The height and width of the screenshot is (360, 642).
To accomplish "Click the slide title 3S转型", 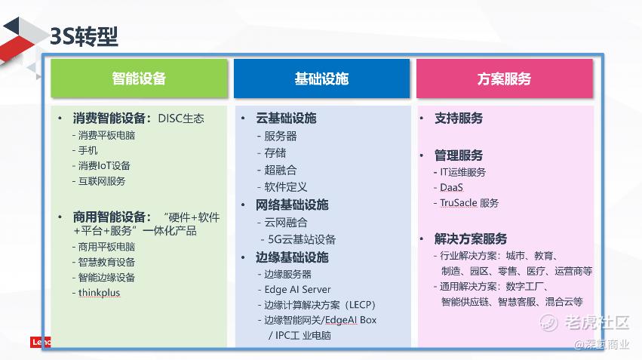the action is pos(84,36).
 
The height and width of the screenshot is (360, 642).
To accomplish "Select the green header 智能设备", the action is pos(140,78).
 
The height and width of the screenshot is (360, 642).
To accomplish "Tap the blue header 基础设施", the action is pos(322,78).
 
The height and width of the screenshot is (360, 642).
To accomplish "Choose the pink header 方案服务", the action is pos(505,78).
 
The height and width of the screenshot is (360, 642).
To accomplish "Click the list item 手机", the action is pos(88,151).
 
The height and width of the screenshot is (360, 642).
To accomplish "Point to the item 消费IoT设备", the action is pos(104,166).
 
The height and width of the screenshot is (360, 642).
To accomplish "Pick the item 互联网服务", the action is pos(102,181).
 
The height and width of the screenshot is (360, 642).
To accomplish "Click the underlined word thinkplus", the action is pos(99,292).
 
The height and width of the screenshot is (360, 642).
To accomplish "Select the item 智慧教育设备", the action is pos(106,262).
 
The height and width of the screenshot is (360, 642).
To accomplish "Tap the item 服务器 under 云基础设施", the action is pos(281,136).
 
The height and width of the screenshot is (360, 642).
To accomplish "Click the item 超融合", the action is pos(281,170).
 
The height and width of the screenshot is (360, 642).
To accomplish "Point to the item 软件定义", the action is pos(286,187).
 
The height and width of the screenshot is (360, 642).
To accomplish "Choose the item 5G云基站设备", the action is pos(302,239).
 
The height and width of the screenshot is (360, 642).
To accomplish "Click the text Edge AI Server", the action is pos(297,290).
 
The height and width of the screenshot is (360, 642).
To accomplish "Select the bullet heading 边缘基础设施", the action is pos(292,257).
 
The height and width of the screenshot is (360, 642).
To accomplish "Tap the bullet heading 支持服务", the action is pos(459,118).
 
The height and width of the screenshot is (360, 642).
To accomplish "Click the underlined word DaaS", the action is pos(451,188).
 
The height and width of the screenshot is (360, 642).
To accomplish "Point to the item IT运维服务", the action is pos(462,172).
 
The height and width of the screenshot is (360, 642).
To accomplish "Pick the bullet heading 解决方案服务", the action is pos(471,238).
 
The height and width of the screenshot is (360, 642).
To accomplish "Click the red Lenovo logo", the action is pos(41,342).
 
